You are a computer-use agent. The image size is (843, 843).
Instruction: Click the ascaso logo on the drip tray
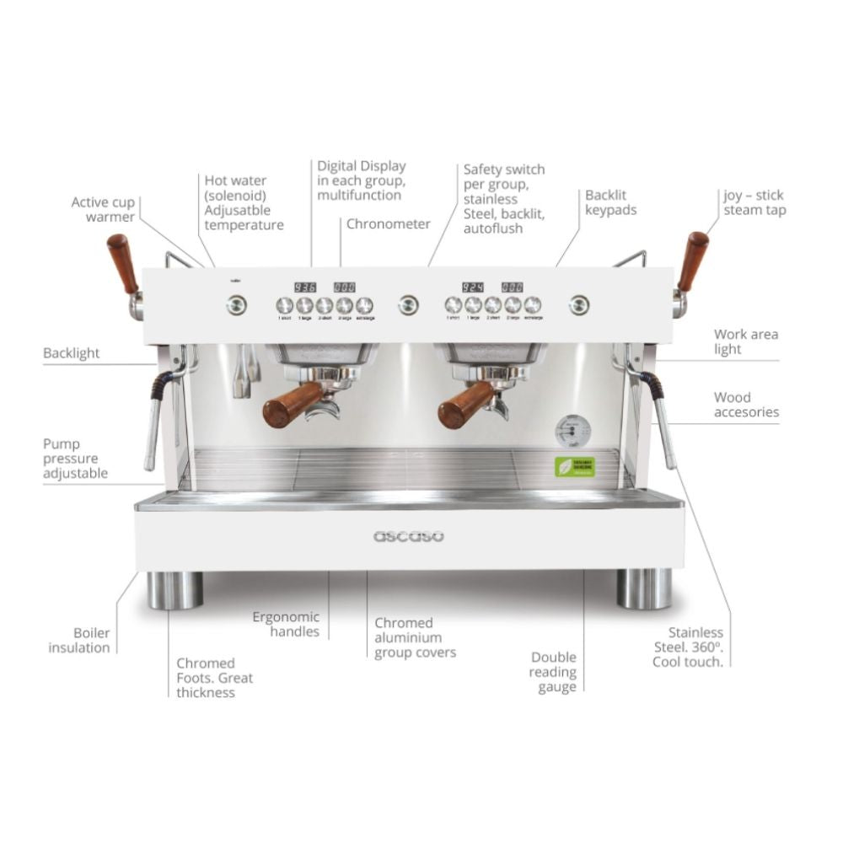point(409,536)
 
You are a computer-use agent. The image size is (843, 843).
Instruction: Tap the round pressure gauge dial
point(572,432)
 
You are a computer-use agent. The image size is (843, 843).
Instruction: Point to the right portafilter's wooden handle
point(465,405)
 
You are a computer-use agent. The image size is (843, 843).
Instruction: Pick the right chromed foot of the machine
point(644,588)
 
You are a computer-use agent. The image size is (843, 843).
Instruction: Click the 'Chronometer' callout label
point(388,223)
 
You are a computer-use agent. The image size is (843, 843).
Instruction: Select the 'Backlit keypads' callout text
point(610,202)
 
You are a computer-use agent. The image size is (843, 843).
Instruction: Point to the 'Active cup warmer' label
point(103,210)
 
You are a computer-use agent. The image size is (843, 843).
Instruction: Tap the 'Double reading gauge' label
point(553,672)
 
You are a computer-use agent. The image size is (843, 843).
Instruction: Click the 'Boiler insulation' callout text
point(79,640)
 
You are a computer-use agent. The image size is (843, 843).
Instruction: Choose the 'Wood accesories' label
point(746,405)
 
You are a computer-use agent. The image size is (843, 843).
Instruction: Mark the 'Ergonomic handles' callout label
point(286,624)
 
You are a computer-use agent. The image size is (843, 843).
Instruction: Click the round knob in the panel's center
point(409,304)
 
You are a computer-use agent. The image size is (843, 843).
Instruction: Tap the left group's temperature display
point(304,287)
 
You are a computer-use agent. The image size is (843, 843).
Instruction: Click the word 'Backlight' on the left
point(72,353)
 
